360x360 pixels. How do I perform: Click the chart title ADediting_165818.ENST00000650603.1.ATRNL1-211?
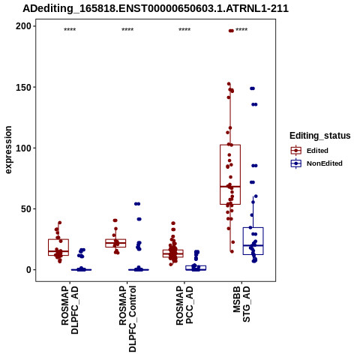(x=155, y=8)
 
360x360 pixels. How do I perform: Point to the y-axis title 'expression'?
(x=8, y=150)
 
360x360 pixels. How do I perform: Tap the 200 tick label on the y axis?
(x=23, y=26)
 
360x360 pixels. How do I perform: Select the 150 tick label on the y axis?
(x=23, y=87)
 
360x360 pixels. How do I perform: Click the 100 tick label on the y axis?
(x=23, y=148)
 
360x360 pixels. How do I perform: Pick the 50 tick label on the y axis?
(x=26, y=208)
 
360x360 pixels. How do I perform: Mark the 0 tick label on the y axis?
(x=28, y=270)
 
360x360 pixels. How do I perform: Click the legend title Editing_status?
(x=319, y=136)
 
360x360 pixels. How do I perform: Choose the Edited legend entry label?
(x=317, y=151)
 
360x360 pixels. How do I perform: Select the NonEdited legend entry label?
(x=325, y=163)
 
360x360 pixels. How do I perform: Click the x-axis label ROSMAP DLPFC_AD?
(x=70, y=310)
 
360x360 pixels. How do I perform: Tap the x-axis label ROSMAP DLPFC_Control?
(x=127, y=319)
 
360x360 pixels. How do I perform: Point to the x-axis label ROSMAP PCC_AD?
(x=184, y=306)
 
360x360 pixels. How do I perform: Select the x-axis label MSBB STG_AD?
(x=241, y=304)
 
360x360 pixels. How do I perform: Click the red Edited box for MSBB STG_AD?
(x=230, y=175)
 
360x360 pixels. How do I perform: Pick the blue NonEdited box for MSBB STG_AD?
(x=253, y=241)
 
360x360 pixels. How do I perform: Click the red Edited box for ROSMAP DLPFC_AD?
(x=58, y=247)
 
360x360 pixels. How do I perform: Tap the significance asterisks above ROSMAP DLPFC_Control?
(x=127, y=30)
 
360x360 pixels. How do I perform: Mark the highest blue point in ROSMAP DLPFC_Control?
(x=137, y=204)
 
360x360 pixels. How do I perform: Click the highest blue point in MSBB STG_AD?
(x=252, y=88)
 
